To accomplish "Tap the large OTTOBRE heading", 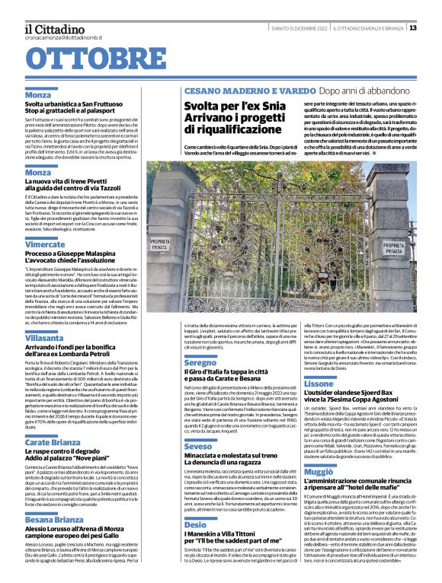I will coord(101,60).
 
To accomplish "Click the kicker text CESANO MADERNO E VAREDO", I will coord(234,91).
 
